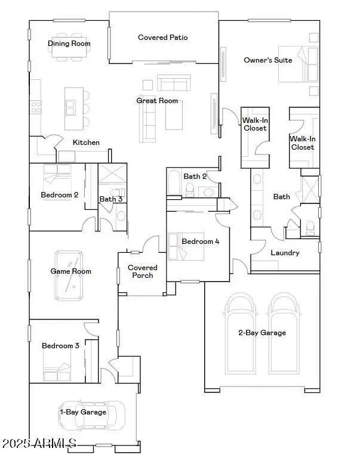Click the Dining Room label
(x=69, y=44)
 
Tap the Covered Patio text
(x=163, y=38)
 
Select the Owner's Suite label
(x=268, y=60)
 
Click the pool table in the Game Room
(x=70, y=275)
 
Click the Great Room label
(x=157, y=101)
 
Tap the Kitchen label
(x=86, y=143)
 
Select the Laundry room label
(x=285, y=253)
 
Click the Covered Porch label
(x=143, y=272)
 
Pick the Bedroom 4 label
(x=201, y=242)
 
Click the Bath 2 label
(x=195, y=177)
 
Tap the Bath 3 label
(x=111, y=199)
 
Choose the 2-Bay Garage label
(x=262, y=333)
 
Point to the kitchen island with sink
(x=73, y=108)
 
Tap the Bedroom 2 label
(x=60, y=195)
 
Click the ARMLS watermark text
(x=39, y=444)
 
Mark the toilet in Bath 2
(x=190, y=189)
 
